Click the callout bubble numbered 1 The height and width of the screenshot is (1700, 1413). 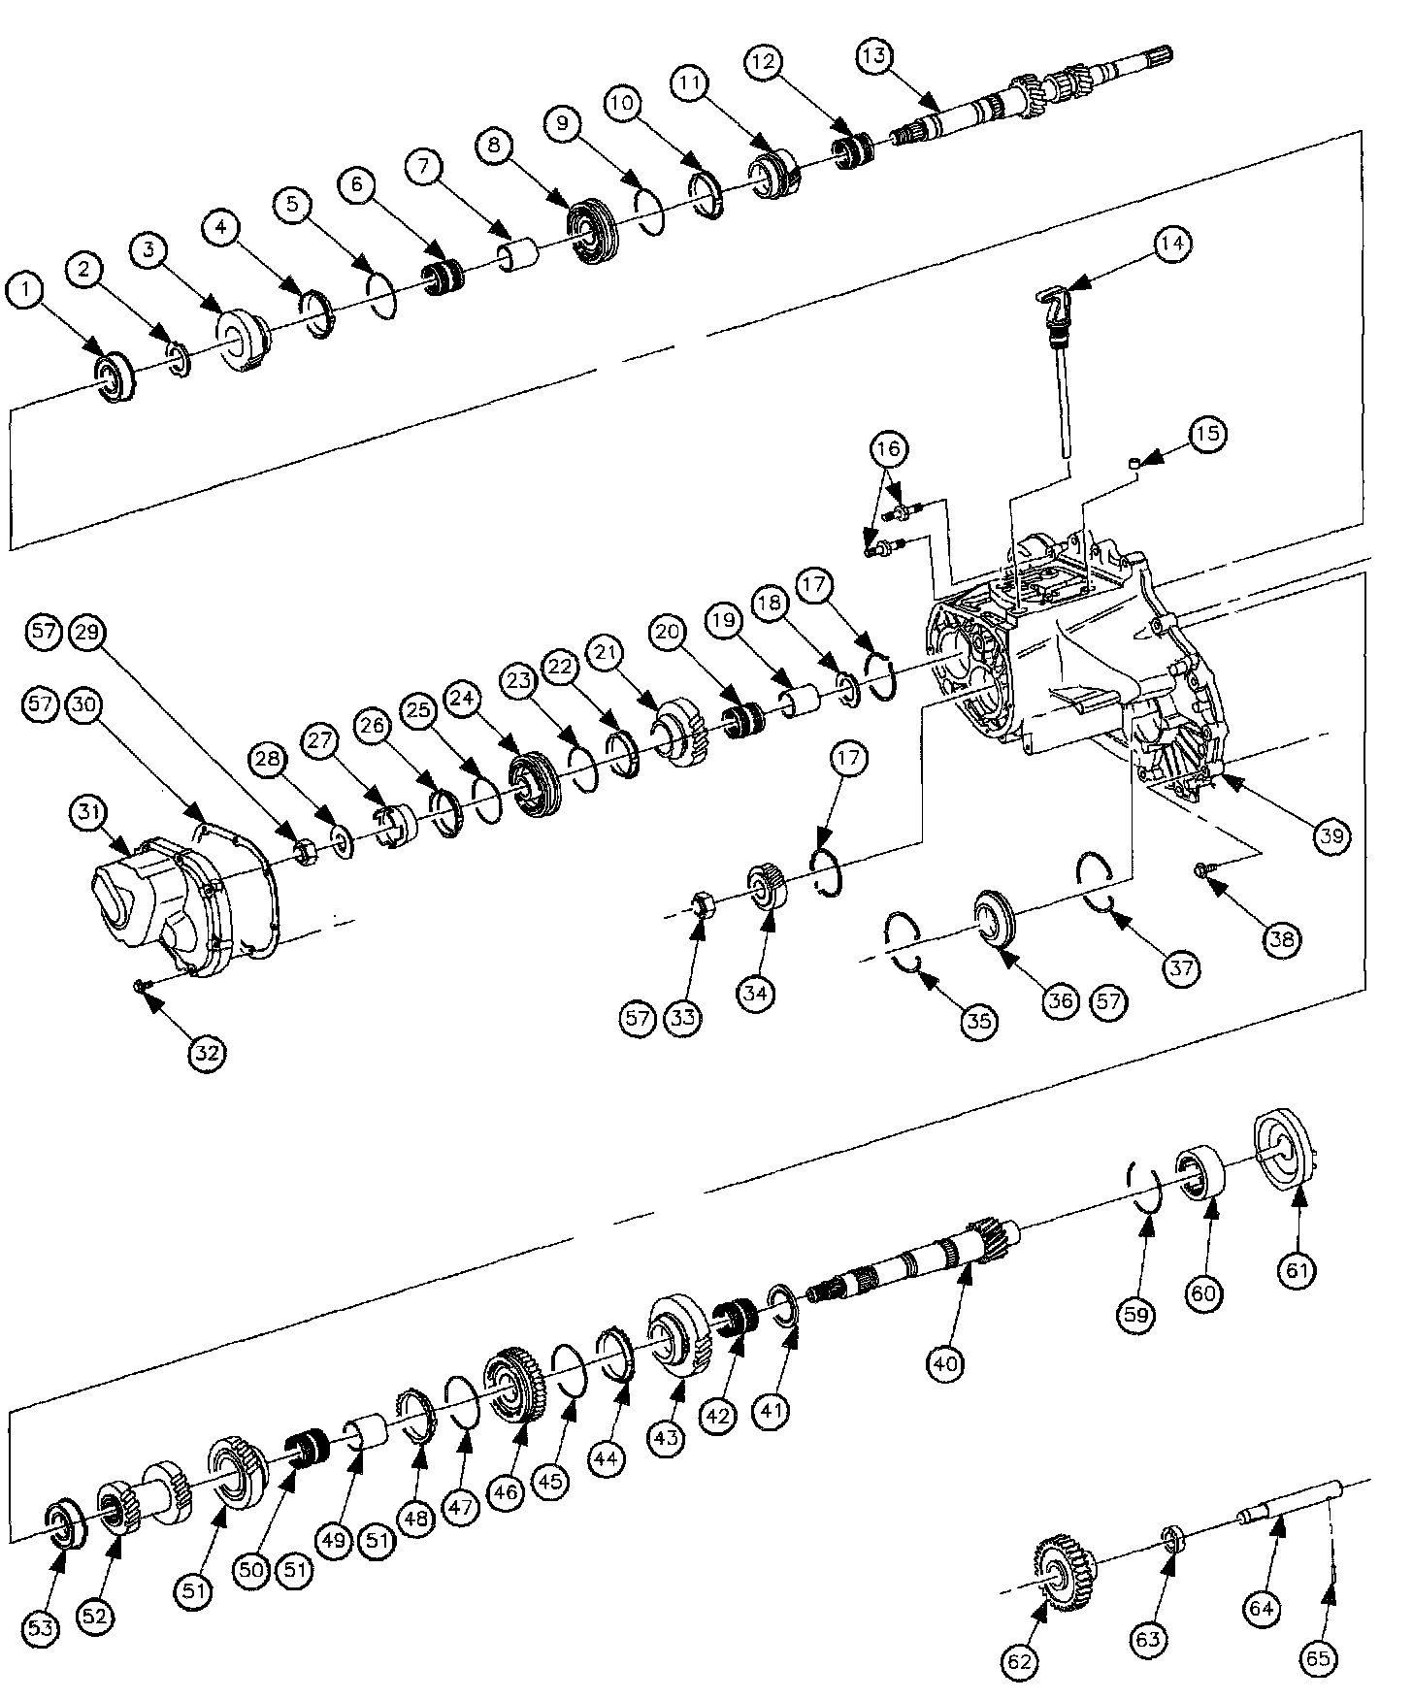pos(25,288)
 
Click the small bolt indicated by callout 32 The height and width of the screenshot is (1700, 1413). pos(143,986)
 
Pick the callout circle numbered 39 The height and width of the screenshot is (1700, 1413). pos(1331,837)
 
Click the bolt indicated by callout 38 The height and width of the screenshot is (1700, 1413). pos(1203,870)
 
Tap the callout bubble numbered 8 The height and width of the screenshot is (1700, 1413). pos(495,145)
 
